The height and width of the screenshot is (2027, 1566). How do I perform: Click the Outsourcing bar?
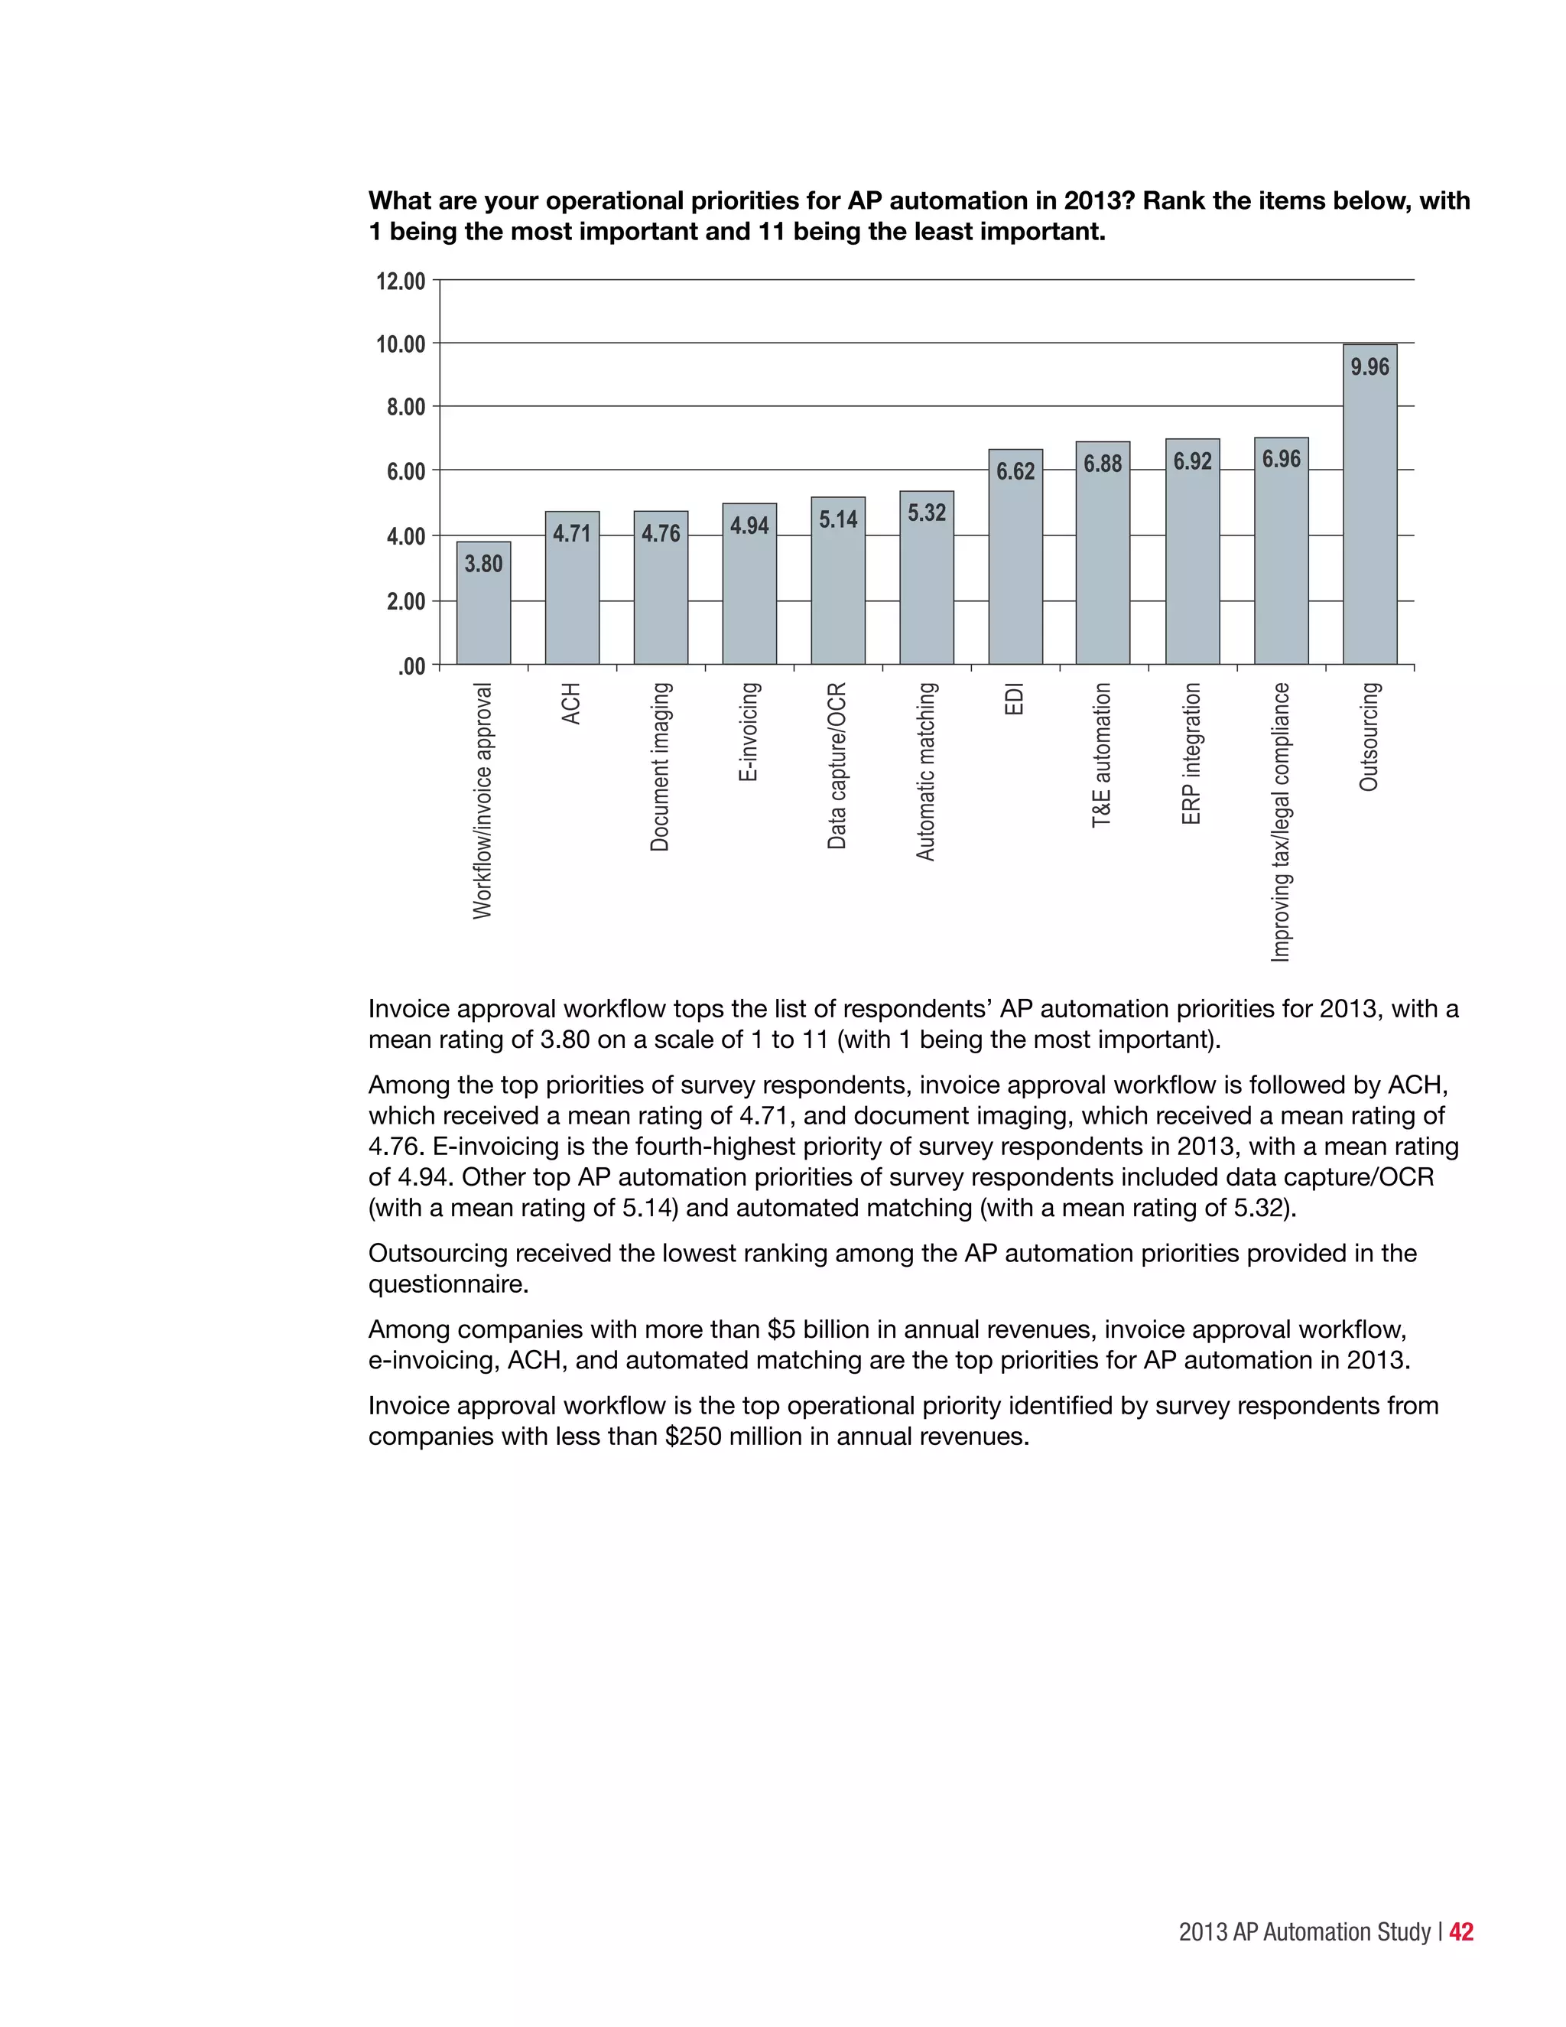[1369, 519]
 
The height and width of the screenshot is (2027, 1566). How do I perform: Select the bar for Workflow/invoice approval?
[483, 613]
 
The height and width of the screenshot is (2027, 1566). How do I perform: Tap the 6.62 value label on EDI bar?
[1015, 471]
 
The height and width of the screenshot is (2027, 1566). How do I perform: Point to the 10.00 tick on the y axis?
[400, 345]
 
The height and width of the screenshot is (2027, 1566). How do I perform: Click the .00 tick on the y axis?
[411, 666]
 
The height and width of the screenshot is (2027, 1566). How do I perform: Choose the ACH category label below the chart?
[571, 704]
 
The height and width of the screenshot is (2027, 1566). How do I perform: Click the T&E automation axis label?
[1101, 754]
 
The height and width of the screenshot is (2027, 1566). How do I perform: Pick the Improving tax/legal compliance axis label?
[1280, 822]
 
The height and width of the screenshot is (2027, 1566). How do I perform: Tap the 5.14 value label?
[838, 519]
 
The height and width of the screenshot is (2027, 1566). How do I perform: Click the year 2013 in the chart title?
[1096, 201]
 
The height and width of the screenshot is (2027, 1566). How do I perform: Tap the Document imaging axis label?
[660, 766]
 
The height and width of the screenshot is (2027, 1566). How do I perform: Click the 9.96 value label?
[1369, 366]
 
